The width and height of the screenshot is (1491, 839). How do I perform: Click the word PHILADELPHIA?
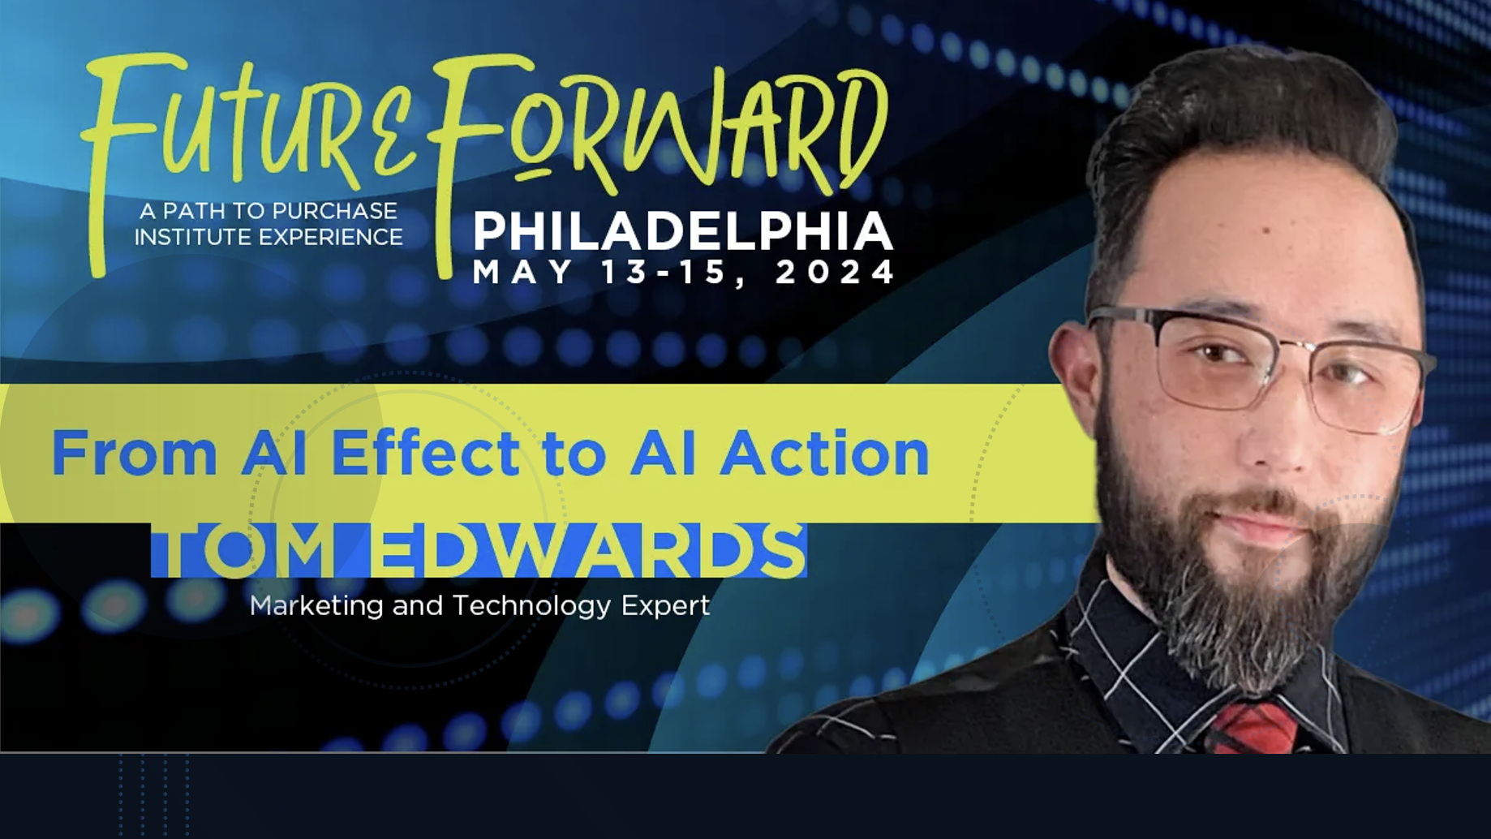[683, 231]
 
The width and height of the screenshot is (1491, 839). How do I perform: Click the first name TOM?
[243, 551]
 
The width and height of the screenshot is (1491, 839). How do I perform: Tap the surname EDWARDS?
[588, 551]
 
